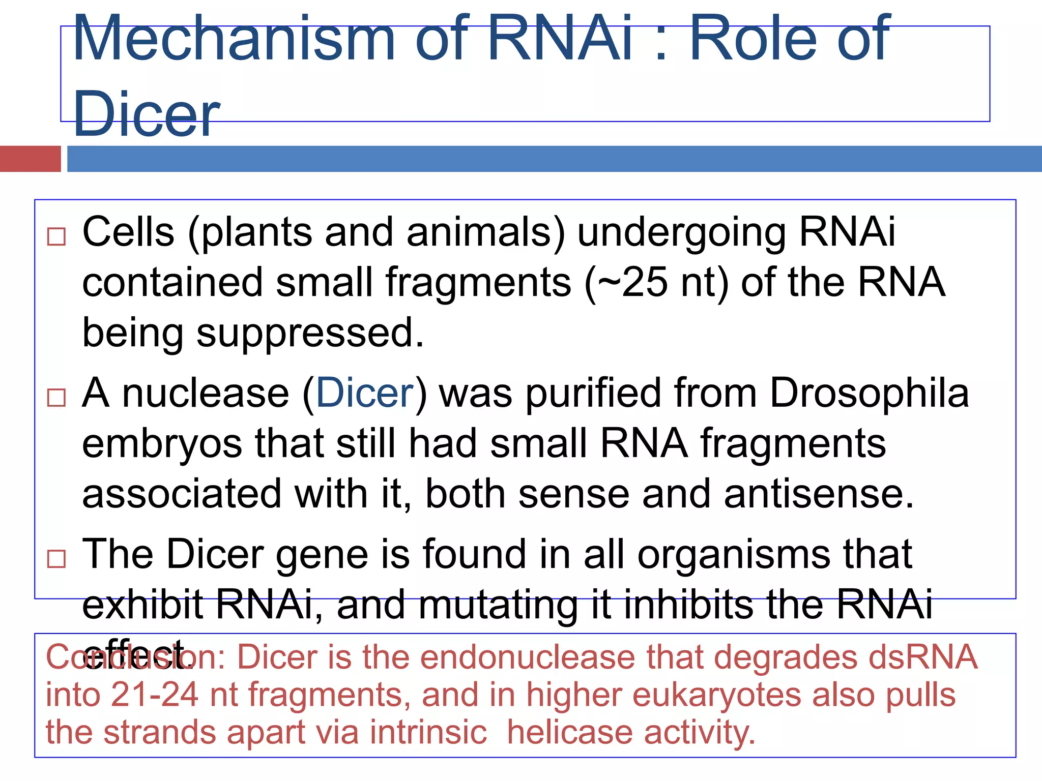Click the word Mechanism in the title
(234, 39)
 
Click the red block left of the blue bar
(30, 159)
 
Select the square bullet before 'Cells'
(56, 236)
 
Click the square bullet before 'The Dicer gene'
(56, 558)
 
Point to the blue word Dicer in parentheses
(365, 393)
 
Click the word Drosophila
(869, 393)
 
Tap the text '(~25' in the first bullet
(626, 283)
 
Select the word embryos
(162, 443)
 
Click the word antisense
(818, 494)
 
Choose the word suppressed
(309, 334)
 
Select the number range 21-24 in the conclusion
(154, 695)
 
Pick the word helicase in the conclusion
(570, 732)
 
